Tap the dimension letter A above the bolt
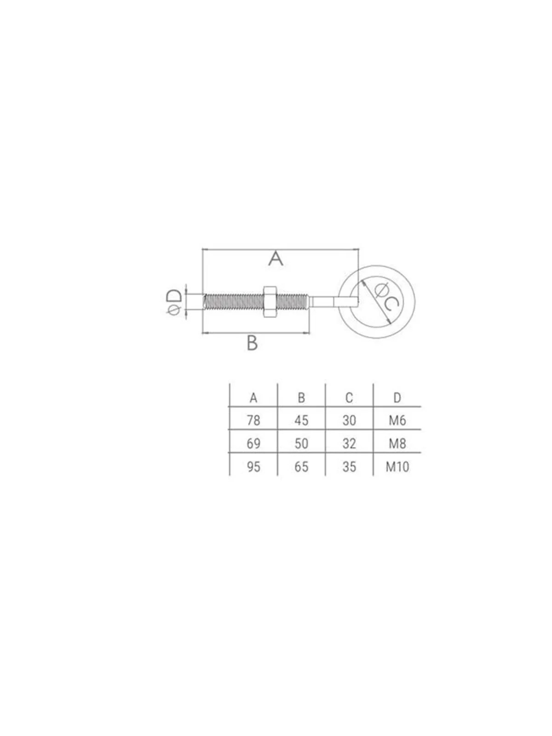[x=276, y=259]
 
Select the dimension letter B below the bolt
[x=252, y=343]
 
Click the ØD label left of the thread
[x=174, y=302]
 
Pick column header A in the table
[x=253, y=398]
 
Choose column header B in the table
[x=301, y=398]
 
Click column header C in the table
[x=349, y=398]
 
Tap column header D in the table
[x=397, y=398]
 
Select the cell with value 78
[x=253, y=420]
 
